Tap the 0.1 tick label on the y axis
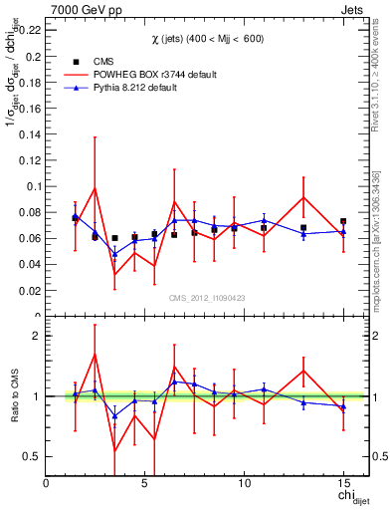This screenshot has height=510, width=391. pos(33,186)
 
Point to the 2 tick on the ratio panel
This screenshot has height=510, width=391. pos(37,336)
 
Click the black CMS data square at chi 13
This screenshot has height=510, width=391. pos(303,228)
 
